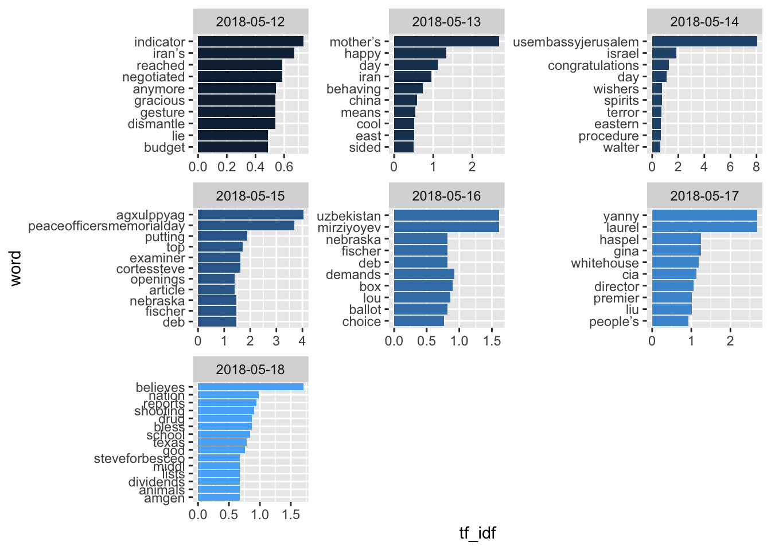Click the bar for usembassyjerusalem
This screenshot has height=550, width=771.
point(704,41)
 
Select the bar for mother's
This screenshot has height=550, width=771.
point(446,41)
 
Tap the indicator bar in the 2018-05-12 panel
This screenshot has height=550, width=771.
point(251,41)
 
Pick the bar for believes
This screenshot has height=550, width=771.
point(251,387)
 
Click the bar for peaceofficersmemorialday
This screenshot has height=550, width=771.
point(246,226)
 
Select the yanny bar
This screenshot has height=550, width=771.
point(704,215)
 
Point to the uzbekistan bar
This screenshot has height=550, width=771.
point(446,215)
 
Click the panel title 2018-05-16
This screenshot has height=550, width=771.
point(446,196)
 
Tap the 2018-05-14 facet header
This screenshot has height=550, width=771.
point(704,22)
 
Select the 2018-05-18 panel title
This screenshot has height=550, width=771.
point(250,370)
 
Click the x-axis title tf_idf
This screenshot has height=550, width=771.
point(477,533)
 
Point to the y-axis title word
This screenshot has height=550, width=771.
point(15,268)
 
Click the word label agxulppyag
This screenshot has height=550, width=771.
point(150,215)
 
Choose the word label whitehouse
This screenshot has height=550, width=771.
point(605,263)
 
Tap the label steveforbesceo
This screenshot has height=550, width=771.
point(139,458)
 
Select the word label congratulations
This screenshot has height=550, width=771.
point(593,65)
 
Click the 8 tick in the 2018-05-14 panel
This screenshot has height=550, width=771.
point(756,167)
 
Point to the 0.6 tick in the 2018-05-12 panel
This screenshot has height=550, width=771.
point(284,167)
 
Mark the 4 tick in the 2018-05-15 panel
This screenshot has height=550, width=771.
point(302,340)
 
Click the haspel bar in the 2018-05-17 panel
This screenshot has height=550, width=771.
point(676,239)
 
